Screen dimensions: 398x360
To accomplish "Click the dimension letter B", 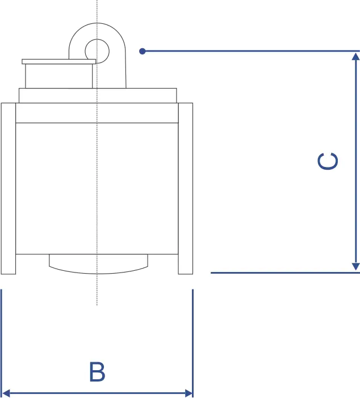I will tap(97, 372).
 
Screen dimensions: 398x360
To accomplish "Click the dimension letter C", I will tap(328, 161).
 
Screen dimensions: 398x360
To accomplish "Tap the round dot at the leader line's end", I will tap(143, 51).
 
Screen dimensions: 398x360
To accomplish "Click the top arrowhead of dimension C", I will tap(356, 55).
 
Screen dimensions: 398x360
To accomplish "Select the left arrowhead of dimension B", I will tap(6, 392).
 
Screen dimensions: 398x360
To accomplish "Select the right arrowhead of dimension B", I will tap(189, 392).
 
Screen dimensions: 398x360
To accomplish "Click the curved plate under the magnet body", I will tap(98, 265).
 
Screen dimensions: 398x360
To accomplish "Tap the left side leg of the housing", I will tap(8, 187).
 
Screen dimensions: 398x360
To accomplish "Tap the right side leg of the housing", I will tap(186, 187).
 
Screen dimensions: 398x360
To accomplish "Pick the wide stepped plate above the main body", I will tap(98, 95).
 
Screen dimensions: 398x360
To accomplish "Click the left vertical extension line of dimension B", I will tap(2, 341).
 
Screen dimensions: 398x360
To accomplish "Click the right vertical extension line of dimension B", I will tap(193, 341).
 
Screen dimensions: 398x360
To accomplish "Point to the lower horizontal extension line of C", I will tap(284, 273).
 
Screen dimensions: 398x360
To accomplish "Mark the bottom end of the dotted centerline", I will tap(97, 304).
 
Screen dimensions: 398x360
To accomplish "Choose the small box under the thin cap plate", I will tap(58, 76).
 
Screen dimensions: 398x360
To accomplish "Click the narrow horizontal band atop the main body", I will tap(98, 114).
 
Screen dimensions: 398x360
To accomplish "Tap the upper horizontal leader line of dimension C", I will tap(250, 51).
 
